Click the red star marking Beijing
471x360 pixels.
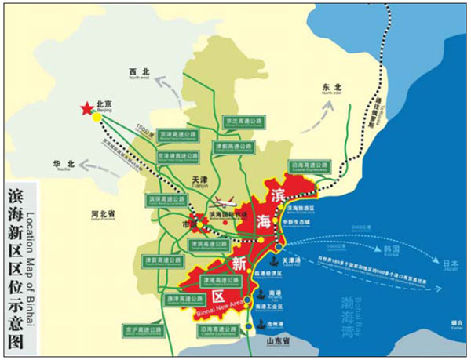click(85, 110)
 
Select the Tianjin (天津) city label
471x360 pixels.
click(202, 181)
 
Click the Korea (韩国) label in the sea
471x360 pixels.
click(392, 250)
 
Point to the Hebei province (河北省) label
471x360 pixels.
click(103, 214)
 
